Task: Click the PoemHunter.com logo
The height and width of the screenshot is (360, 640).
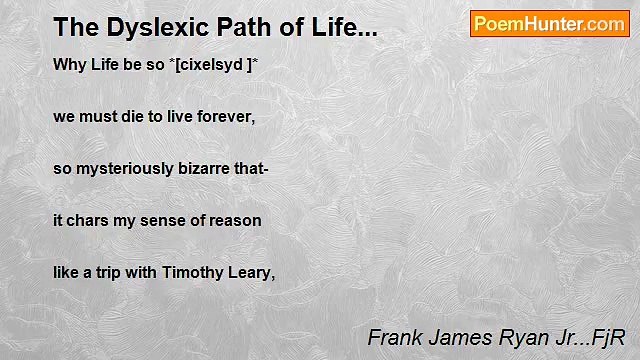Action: pos(549,24)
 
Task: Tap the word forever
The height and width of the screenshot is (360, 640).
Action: pos(227,116)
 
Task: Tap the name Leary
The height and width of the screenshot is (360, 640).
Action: pos(251,272)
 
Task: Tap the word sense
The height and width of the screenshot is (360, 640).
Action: pos(165,220)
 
